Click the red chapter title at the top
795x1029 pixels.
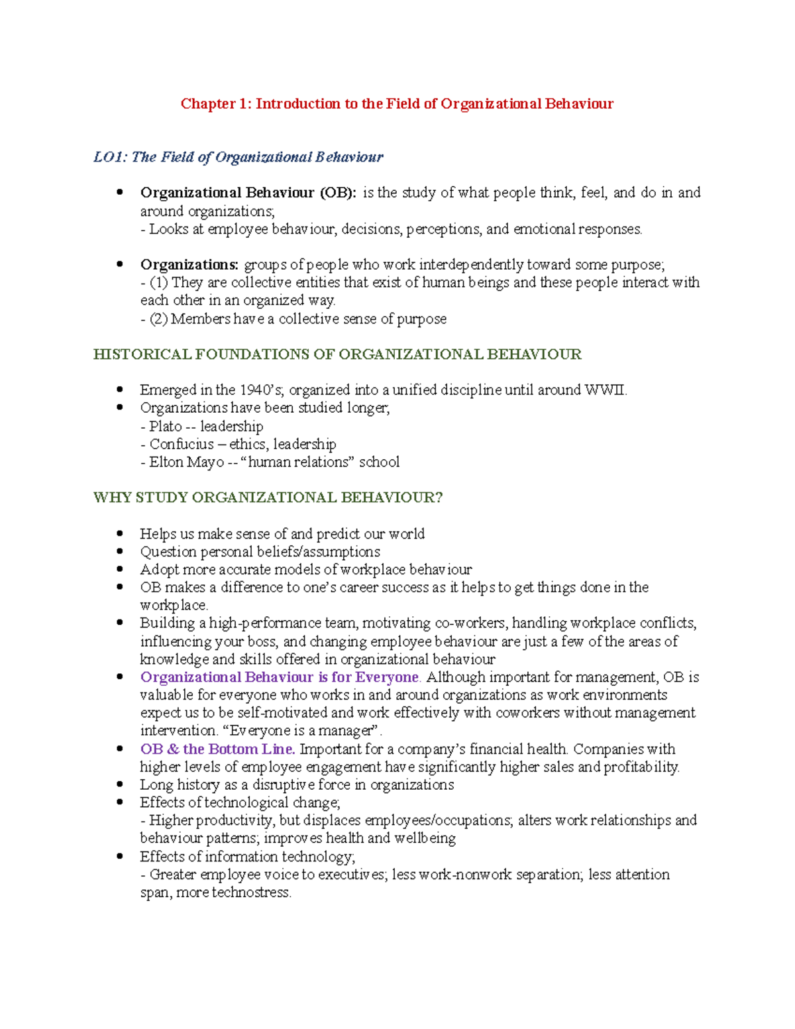coord(397,104)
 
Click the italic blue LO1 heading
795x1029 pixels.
coord(238,157)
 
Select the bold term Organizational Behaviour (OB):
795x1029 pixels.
coord(248,193)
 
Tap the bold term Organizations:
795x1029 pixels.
coord(189,264)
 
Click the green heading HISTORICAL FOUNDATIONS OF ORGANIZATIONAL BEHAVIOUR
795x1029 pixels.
coord(337,354)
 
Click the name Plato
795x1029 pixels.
coord(166,426)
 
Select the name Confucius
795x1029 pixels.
coord(181,444)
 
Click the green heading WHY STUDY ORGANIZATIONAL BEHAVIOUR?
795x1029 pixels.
coord(268,498)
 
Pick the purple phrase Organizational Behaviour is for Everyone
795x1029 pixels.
coord(280,677)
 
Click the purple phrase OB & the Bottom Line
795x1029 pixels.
coord(217,749)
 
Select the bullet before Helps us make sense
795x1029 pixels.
coord(120,533)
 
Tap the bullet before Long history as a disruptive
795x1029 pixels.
coord(120,784)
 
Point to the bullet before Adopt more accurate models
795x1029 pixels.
coord(120,569)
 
